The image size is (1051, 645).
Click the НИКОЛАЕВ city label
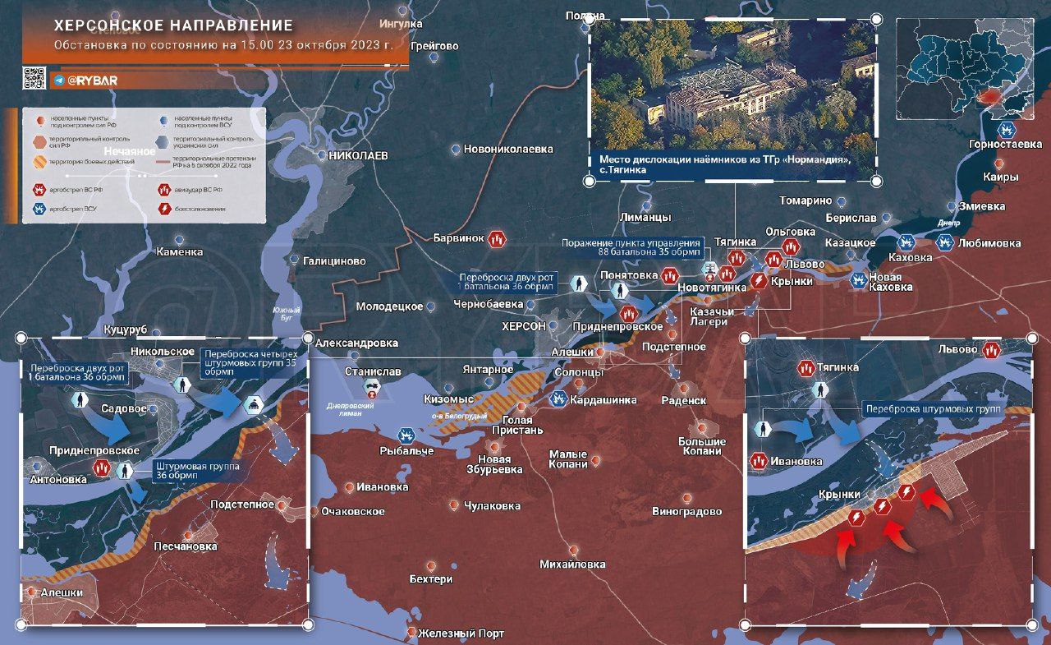point(358,155)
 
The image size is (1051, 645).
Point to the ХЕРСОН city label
point(524,326)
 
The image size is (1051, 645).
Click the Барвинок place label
point(458,238)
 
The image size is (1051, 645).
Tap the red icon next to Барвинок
point(496,239)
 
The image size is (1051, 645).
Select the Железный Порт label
point(461,633)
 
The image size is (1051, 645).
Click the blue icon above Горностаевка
point(1005,130)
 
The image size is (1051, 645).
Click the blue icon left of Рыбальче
point(406,435)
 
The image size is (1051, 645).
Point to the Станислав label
point(373,372)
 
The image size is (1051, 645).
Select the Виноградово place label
point(686,511)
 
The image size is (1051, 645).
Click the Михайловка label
point(572,564)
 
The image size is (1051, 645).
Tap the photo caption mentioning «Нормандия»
point(723,164)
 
